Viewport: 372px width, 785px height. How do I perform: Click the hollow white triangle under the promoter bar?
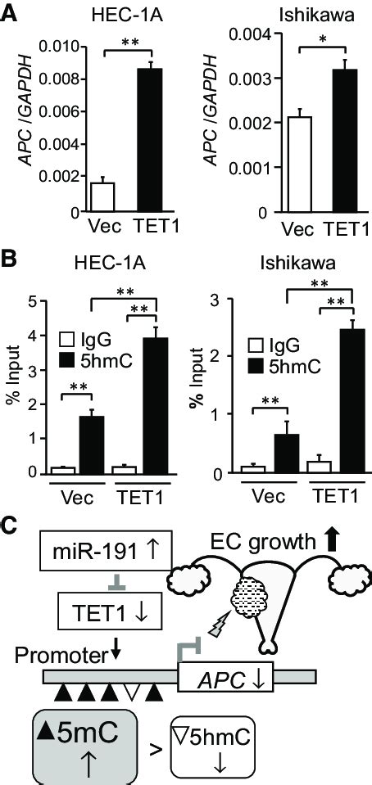tap(129, 695)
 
